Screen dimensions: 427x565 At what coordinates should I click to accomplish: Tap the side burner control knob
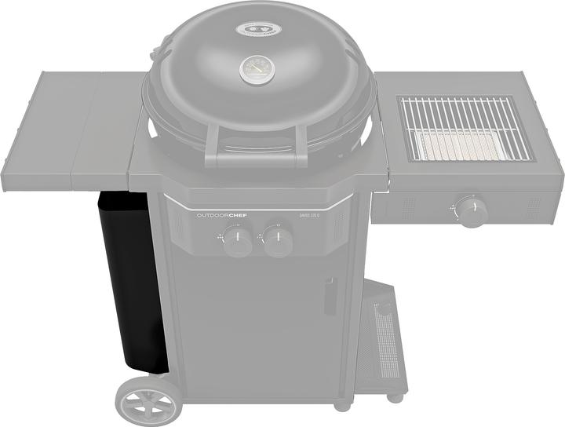pyautogui.click(x=472, y=210)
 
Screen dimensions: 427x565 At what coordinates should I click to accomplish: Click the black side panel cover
pyautogui.click(x=129, y=283)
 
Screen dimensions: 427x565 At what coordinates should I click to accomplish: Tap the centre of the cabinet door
pyautogui.click(x=259, y=330)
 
